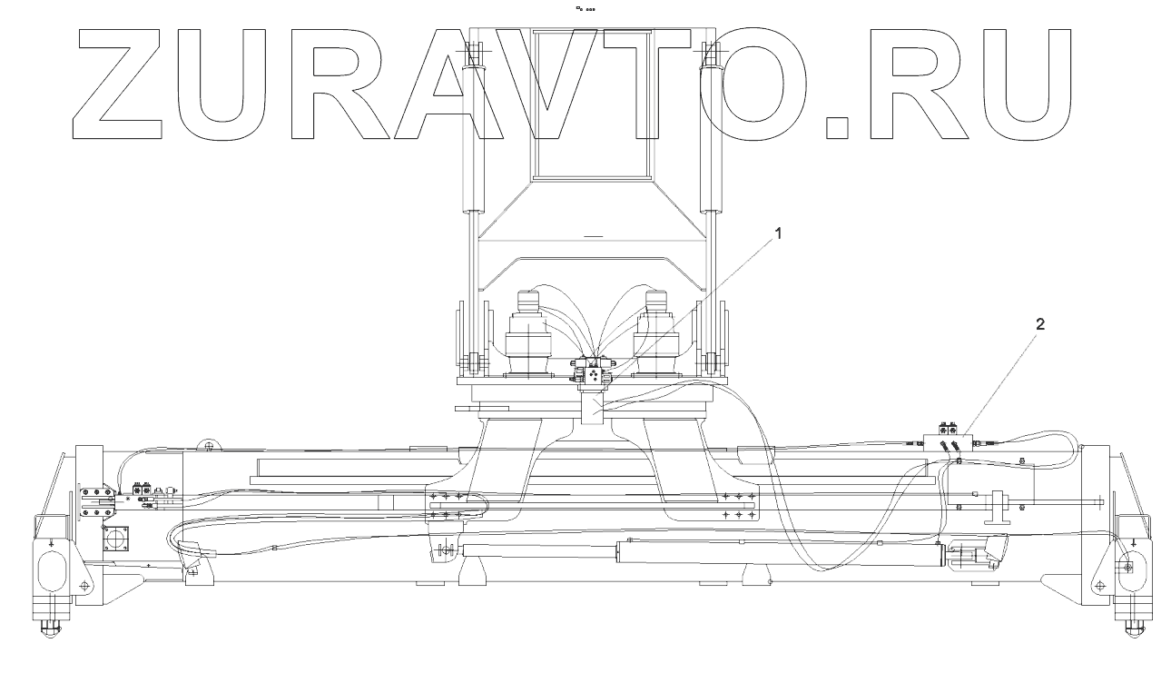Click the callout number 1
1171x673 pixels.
pos(776,233)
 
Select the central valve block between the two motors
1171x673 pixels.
pos(594,373)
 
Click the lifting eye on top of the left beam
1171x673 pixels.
pos(210,445)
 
